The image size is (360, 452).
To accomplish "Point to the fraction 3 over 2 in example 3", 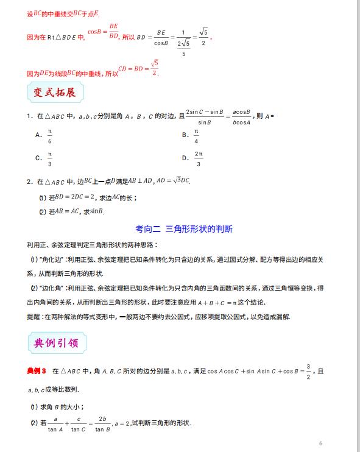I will click(x=309, y=371).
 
